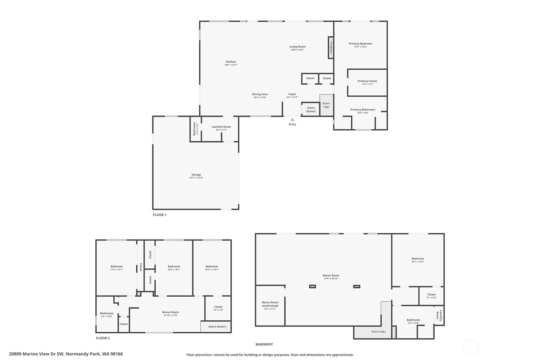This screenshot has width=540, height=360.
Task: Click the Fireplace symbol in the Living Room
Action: (x=331, y=47)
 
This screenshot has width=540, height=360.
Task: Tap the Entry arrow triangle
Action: (x=292, y=119)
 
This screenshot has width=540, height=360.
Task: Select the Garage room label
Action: (x=196, y=174)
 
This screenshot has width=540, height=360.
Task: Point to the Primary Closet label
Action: (x=368, y=81)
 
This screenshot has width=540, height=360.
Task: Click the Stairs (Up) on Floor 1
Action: (x=326, y=105)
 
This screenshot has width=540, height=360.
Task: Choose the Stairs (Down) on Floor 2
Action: (x=216, y=327)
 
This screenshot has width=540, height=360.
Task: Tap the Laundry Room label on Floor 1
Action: (x=221, y=127)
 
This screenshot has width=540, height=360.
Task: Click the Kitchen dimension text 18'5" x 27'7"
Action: (x=231, y=65)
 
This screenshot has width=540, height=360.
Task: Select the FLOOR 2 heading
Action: (x=103, y=338)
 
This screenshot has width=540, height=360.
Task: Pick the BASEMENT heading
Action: (x=264, y=344)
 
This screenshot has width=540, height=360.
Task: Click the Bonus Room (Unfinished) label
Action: (x=270, y=304)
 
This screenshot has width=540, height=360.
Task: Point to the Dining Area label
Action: (x=260, y=94)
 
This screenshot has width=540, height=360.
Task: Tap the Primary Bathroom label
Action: (x=363, y=110)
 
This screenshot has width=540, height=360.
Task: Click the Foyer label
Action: (x=292, y=94)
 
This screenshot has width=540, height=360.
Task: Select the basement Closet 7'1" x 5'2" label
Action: (x=431, y=294)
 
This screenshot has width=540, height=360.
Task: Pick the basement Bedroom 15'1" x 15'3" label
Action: (x=418, y=258)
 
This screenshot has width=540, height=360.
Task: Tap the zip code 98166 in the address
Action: (x=116, y=354)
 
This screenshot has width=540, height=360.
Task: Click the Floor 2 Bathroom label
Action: (x=107, y=314)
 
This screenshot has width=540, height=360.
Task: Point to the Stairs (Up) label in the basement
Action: (x=378, y=332)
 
